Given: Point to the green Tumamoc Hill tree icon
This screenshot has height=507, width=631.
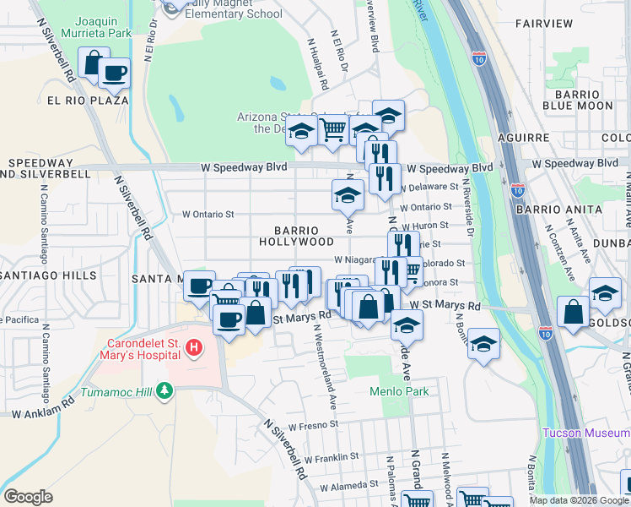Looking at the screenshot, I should tap(167, 390).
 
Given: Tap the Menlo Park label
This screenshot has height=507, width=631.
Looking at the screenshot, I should tap(399, 391).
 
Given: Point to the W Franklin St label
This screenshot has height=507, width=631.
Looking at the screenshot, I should tap(332, 456).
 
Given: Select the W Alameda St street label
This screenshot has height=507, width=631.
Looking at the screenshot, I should tap(348, 484).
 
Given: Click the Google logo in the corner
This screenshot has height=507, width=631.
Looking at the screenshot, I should tap(28, 497).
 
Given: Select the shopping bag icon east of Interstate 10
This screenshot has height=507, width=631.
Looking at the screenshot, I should tap(573, 311).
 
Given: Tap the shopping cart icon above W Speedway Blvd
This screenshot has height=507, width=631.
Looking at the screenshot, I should tap(333, 129).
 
